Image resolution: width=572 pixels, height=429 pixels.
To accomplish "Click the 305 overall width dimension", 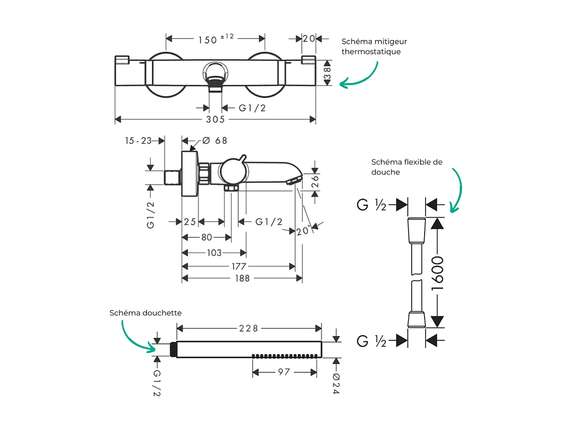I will tap(215, 120).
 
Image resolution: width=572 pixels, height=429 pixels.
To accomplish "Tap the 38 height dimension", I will tap(327, 73).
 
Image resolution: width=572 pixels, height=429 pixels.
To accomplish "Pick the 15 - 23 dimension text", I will tap(139, 140).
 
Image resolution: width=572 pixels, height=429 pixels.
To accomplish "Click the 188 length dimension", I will tap(242, 278).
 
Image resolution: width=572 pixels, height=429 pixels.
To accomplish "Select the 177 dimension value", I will tap(238, 266).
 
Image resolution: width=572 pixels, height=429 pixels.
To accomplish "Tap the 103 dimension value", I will tap(214, 253).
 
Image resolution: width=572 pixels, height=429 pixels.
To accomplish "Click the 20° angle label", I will tap(303, 230).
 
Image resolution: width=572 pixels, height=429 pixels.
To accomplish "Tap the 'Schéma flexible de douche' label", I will tap(407, 167).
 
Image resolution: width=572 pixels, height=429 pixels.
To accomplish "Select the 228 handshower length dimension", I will tap(249, 328).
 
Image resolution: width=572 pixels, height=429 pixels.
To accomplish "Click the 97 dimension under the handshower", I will tap(284, 372).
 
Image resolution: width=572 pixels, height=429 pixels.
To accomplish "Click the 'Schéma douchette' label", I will tap(146, 313).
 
